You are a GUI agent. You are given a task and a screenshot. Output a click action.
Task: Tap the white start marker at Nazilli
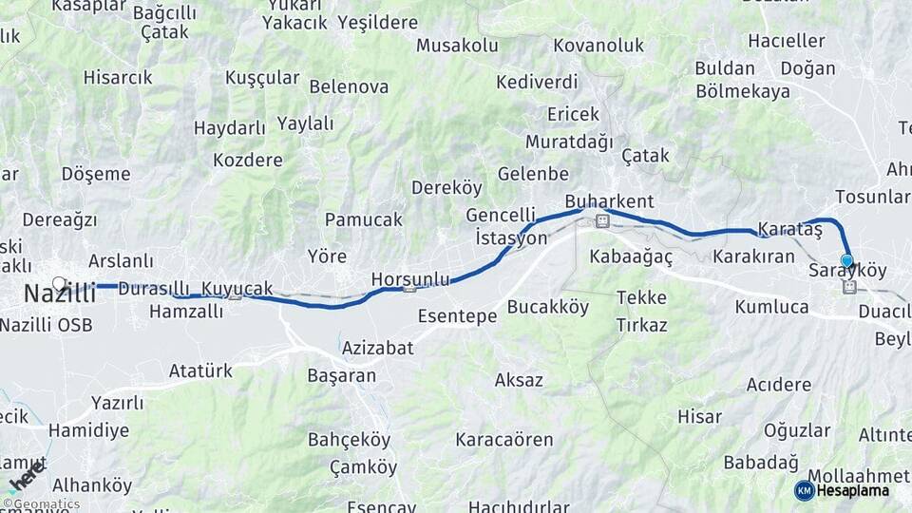[x=59, y=283]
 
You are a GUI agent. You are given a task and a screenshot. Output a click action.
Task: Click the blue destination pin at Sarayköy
[x=846, y=260]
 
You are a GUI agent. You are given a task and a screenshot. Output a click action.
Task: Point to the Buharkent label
[x=609, y=201]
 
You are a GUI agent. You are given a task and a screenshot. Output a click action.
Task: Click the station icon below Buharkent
[x=600, y=220]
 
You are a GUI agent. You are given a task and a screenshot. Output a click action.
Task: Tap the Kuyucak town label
[x=237, y=288]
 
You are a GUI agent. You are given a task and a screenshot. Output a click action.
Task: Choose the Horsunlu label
[x=409, y=279]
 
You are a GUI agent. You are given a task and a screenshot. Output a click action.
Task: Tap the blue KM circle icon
[x=804, y=490]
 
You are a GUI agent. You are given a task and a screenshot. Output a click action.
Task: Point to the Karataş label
[x=789, y=230]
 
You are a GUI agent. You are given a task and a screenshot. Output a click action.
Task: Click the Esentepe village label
[x=457, y=317]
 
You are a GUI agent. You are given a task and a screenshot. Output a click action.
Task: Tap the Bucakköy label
[x=547, y=307]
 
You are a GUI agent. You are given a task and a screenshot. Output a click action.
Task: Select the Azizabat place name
[x=377, y=348]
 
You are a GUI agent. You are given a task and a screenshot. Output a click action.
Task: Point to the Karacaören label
[x=503, y=440]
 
